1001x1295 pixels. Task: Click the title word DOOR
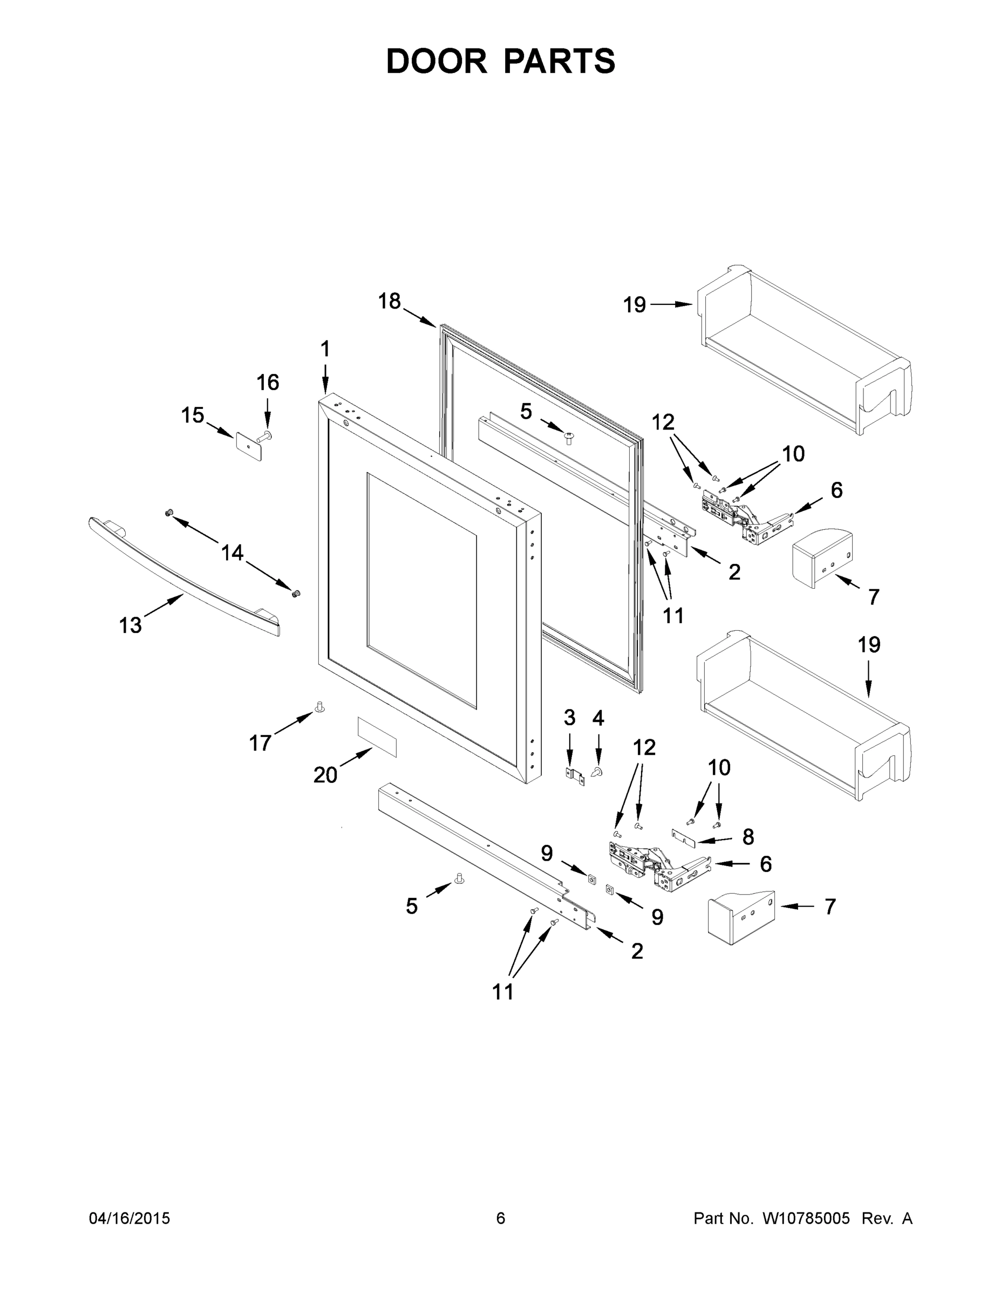click(x=435, y=61)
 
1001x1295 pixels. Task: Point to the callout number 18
click(x=390, y=301)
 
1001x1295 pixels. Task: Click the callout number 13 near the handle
click(x=131, y=625)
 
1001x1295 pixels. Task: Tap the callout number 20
click(x=325, y=774)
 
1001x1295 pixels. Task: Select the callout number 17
click(x=260, y=742)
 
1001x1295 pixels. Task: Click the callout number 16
click(x=268, y=383)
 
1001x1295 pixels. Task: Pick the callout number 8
click(x=748, y=837)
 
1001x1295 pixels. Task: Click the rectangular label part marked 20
click(x=377, y=737)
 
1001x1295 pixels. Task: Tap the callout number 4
click(x=598, y=718)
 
